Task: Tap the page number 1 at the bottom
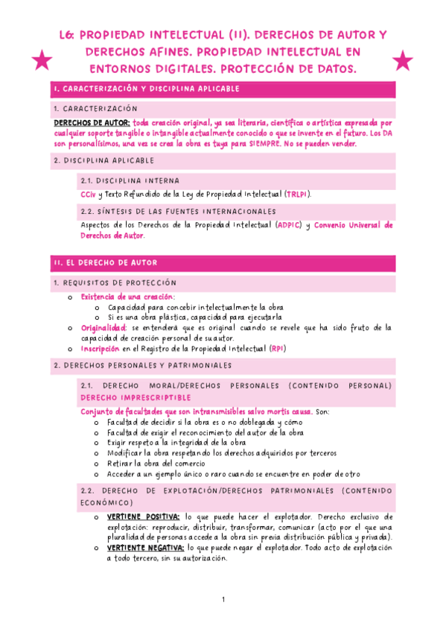[223, 600]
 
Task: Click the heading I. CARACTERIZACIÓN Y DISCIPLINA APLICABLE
[147, 89]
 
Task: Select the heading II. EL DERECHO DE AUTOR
[105, 263]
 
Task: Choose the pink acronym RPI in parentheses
[277, 348]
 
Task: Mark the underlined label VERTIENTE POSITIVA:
[142, 516]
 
